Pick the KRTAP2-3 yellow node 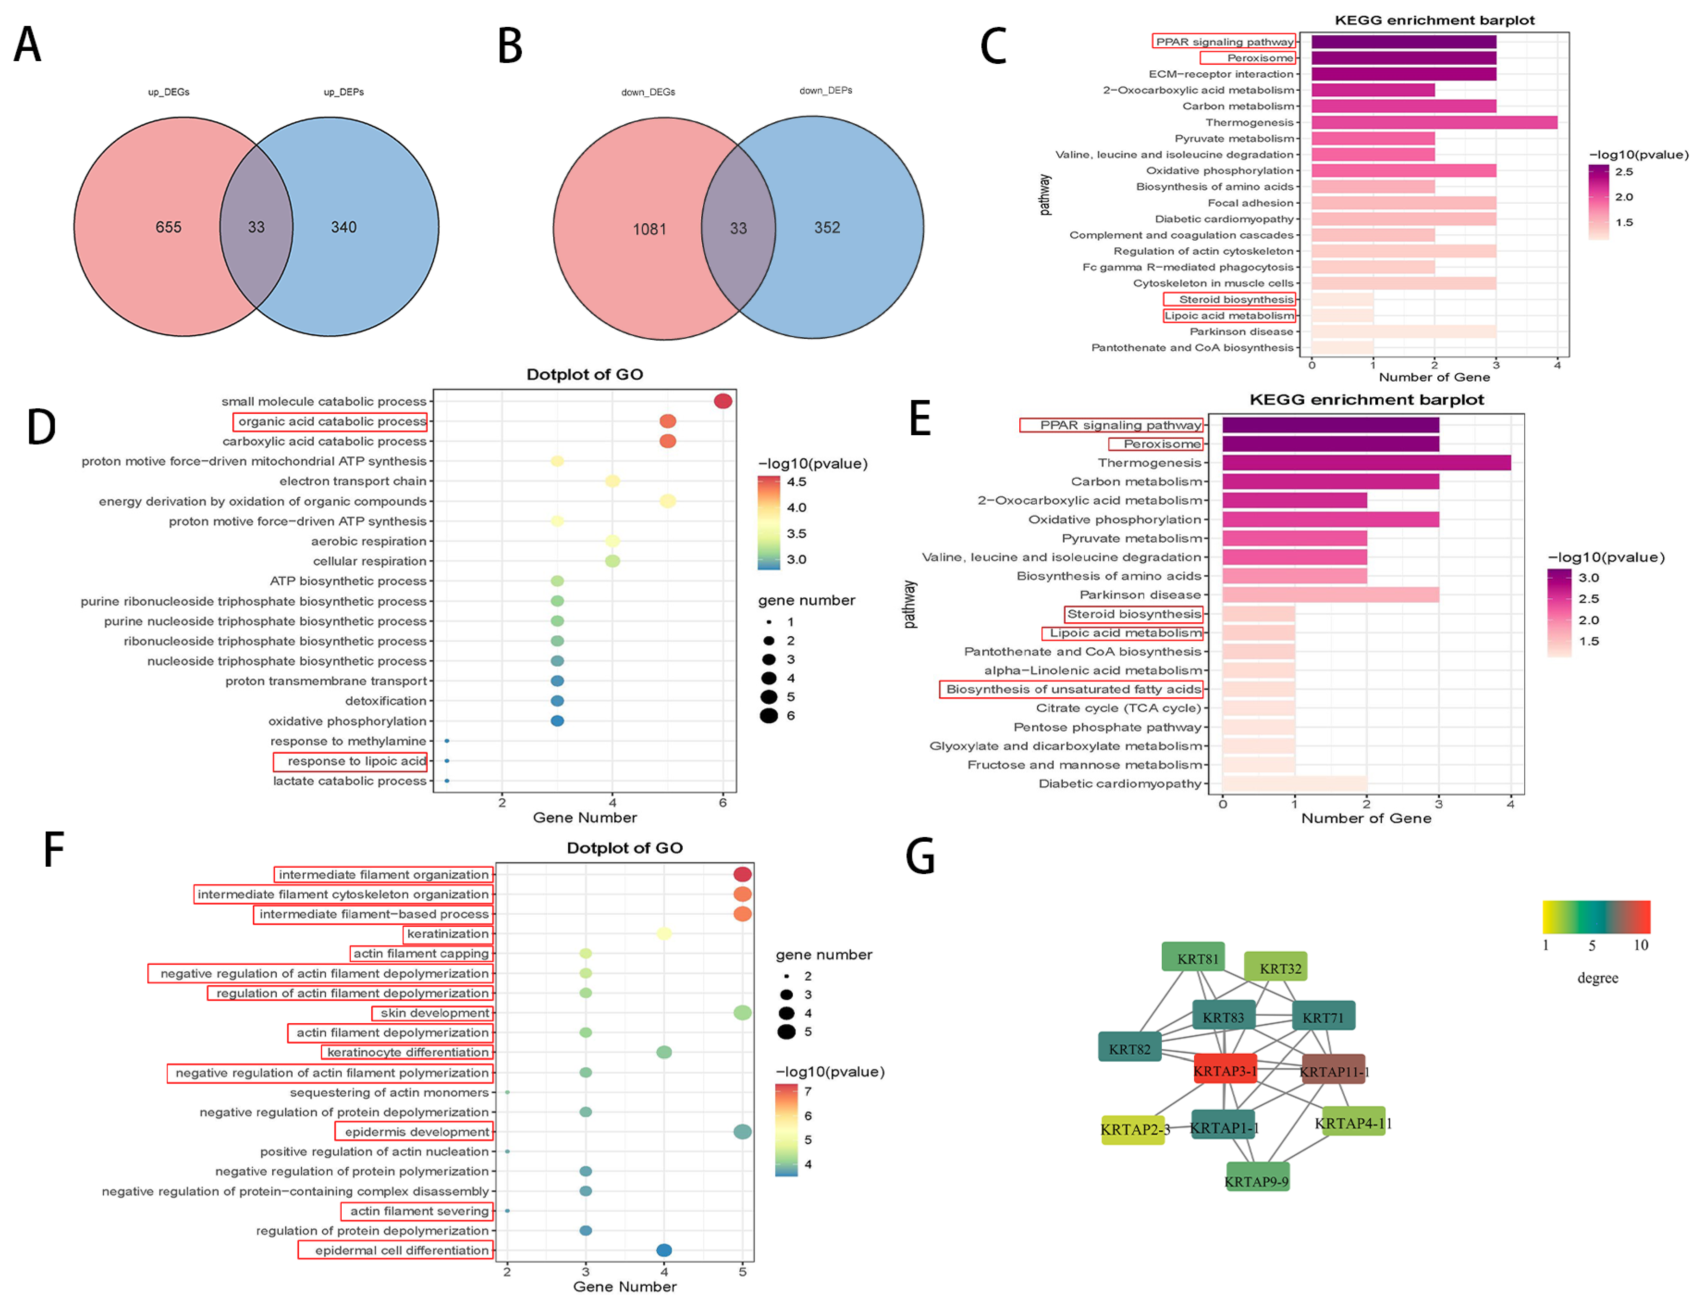click(x=1132, y=1130)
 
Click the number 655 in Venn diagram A click(x=168, y=227)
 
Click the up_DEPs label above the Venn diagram click(x=343, y=92)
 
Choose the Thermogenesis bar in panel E click(x=1366, y=463)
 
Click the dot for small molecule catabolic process click(x=722, y=401)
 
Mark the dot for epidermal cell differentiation click(x=663, y=1250)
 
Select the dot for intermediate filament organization click(x=742, y=874)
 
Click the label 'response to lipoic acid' click(x=356, y=761)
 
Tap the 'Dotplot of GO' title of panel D click(x=584, y=374)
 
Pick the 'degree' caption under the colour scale click(x=1597, y=978)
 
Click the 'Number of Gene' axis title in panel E click(x=1366, y=819)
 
